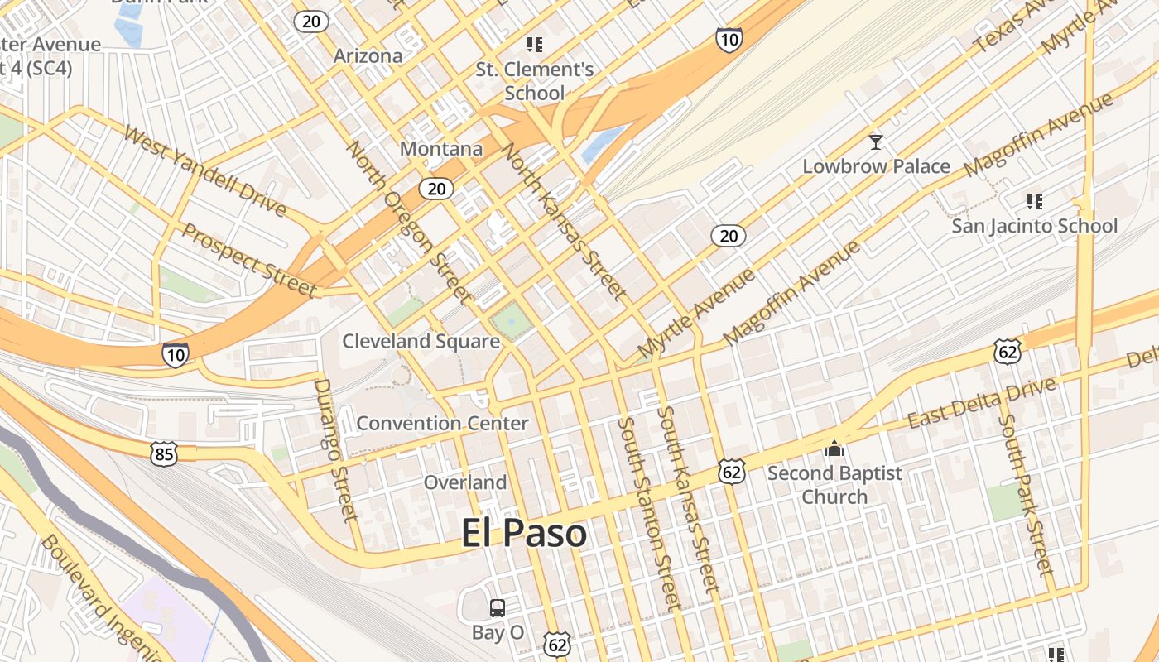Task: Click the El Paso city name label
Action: (x=523, y=534)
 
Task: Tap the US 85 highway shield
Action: (x=164, y=453)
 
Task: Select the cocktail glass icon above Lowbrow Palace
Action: (x=876, y=142)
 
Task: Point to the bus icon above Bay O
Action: (x=498, y=608)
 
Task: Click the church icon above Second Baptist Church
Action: (x=834, y=449)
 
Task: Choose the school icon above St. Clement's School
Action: (x=534, y=44)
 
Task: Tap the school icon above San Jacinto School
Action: (x=1033, y=201)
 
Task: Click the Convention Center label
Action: (x=442, y=424)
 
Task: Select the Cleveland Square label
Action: (x=421, y=341)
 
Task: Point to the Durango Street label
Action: (x=334, y=450)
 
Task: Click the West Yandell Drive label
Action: (x=205, y=171)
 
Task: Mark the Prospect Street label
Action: (x=249, y=260)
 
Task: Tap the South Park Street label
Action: (x=1025, y=495)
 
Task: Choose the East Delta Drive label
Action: (x=982, y=403)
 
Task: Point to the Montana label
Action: (x=441, y=149)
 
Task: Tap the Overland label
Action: (x=465, y=482)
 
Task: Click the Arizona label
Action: (x=368, y=56)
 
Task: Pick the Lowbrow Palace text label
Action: (x=876, y=166)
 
